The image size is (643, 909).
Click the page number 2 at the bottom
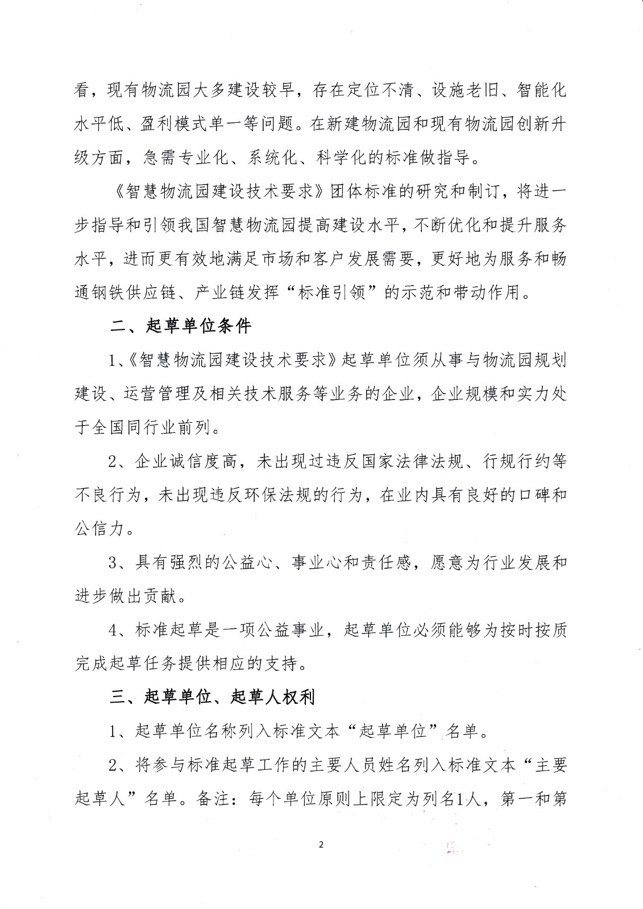[x=321, y=845]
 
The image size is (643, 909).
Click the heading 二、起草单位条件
[x=180, y=327]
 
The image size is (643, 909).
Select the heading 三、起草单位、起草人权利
[x=212, y=697]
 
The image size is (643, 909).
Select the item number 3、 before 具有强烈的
[x=118, y=563]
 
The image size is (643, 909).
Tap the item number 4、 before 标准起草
[x=118, y=630]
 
